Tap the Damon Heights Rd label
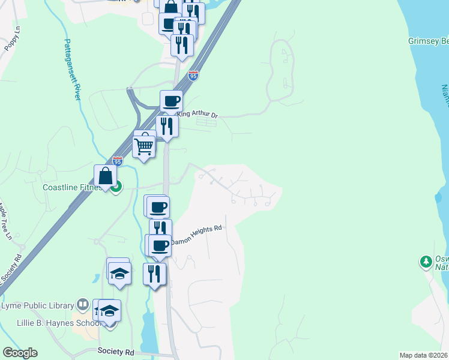pyautogui.click(x=197, y=235)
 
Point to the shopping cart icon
pyautogui.click(x=143, y=146)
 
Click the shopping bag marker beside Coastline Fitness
pyautogui.click(x=105, y=176)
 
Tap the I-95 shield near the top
pyautogui.click(x=193, y=76)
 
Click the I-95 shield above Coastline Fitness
pyautogui.click(x=118, y=161)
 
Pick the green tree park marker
pyautogui.click(x=426, y=262)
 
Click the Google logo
pyautogui.click(x=20, y=353)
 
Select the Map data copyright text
pyautogui.click(x=424, y=355)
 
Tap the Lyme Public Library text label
pyautogui.click(x=37, y=305)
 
